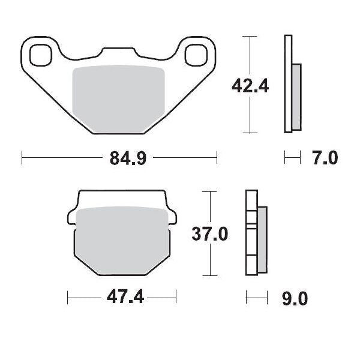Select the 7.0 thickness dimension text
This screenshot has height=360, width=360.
point(325,158)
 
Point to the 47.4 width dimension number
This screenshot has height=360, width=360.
point(122,297)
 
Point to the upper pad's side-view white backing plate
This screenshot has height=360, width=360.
point(287,84)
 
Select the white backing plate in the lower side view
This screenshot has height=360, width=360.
point(250,234)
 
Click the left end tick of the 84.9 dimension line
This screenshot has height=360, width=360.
point(22,158)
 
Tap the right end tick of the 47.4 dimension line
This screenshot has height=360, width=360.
point(176,297)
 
